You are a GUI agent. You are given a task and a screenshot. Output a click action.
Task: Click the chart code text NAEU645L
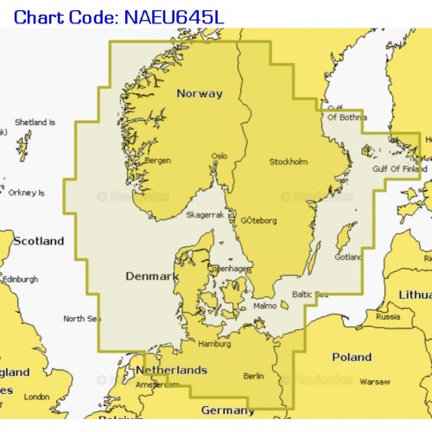(178, 15)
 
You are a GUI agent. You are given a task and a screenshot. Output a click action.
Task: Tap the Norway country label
(199, 93)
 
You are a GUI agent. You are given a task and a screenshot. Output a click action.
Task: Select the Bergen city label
(156, 160)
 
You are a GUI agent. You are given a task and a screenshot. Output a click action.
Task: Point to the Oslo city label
(219, 156)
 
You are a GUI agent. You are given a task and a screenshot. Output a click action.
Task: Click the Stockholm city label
(288, 162)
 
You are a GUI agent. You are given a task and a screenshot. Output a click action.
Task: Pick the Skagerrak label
(205, 213)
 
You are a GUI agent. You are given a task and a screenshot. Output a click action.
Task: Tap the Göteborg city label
(258, 220)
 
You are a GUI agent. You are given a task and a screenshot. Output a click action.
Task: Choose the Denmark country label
(151, 276)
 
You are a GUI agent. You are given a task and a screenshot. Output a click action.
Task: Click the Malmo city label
(266, 306)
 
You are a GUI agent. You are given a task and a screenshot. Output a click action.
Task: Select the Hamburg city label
(214, 343)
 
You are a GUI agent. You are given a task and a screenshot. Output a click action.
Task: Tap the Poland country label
(353, 357)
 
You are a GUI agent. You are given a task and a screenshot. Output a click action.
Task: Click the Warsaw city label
(374, 381)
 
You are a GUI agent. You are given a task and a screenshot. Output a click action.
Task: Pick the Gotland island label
(348, 257)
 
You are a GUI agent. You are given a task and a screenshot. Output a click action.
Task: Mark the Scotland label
(38, 241)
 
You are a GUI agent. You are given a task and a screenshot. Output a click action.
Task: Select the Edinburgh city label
(20, 279)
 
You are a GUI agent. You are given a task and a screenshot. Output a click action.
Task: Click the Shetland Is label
(35, 123)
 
